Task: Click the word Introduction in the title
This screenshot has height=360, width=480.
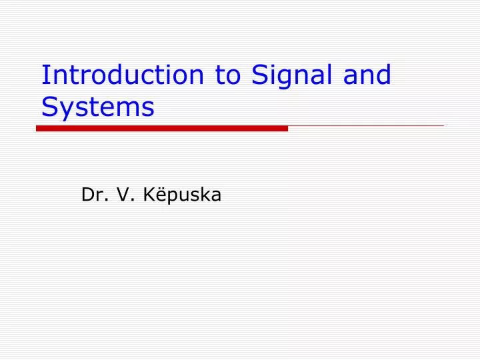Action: [123, 75]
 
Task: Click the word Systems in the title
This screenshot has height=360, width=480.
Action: [97, 107]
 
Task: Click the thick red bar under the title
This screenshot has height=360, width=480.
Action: [162, 128]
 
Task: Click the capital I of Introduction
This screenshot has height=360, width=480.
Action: [44, 75]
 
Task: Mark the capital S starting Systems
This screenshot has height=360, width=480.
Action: [49, 106]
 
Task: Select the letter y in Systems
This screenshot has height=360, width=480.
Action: [64, 110]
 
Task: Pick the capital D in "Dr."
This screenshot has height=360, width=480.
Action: [87, 195]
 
